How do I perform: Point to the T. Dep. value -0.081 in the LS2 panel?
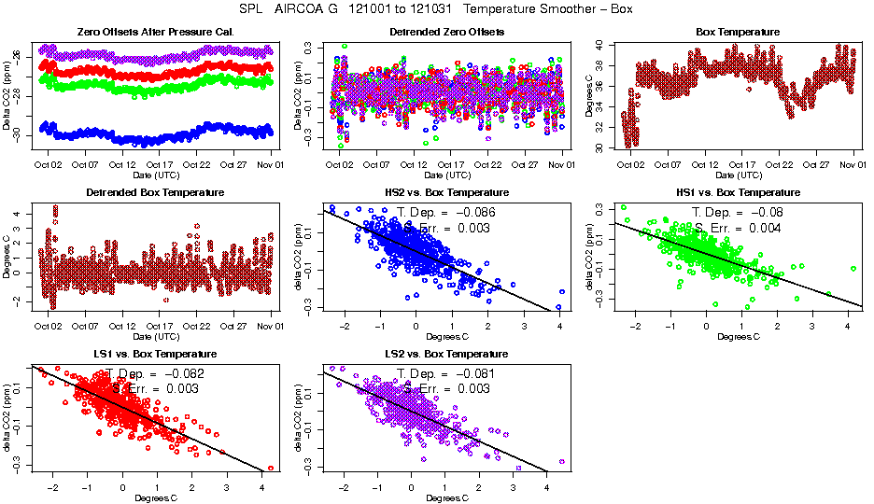(x=474, y=373)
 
